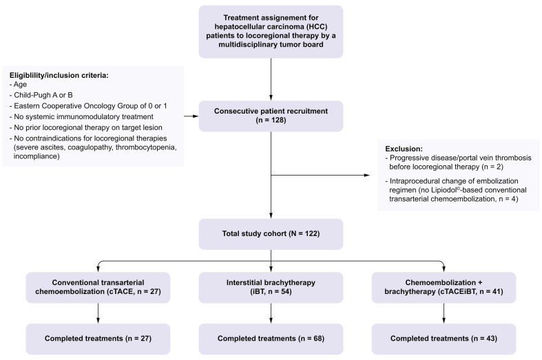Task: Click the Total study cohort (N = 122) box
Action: (271, 234)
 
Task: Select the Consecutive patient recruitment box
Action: (271, 116)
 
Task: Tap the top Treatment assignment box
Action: (271, 32)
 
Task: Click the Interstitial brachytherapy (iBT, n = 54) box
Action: (271, 288)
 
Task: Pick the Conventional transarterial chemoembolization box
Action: (98, 288)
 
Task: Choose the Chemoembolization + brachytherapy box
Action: (444, 288)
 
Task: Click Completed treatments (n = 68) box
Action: (271, 339)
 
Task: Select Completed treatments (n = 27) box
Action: (98, 339)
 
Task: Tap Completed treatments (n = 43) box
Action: (444, 339)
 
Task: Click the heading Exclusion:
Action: (404, 149)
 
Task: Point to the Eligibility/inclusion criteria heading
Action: (59, 75)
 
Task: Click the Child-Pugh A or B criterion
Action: (41, 95)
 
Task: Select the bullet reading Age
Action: (18, 85)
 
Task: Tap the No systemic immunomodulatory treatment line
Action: (81, 117)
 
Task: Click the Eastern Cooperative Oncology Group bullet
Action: (88, 106)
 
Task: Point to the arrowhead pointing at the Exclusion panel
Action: (368, 175)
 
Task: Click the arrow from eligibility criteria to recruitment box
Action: (191, 116)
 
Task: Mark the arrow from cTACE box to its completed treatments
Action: (98, 313)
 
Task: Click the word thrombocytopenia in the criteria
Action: (146, 147)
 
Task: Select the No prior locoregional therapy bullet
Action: (85, 127)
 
